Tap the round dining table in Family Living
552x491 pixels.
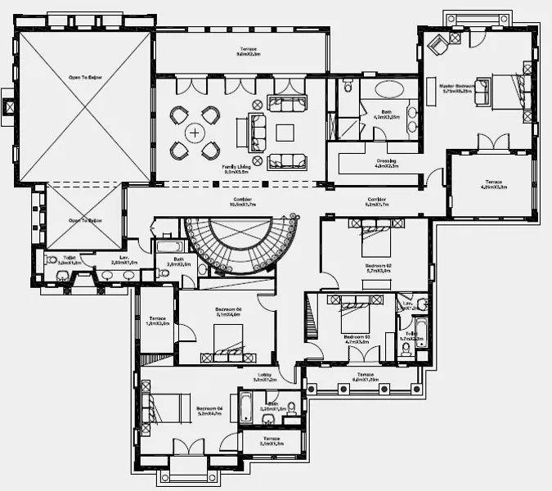pyautogui.click(x=195, y=131)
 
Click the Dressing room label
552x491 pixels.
pyautogui.click(x=386, y=163)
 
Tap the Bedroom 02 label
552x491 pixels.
pyautogui.click(x=378, y=268)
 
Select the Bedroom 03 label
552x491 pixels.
pyautogui.click(x=357, y=339)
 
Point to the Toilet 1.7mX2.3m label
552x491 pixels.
pyautogui.click(x=409, y=336)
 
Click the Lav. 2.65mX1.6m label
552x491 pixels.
pyautogui.click(x=124, y=261)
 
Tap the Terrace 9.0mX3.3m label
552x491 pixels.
pyautogui.click(x=248, y=52)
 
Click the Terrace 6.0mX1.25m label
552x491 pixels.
pyautogui.click(x=365, y=380)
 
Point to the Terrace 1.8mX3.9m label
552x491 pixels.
pyautogui.click(x=158, y=321)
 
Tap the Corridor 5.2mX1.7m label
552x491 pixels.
pyautogui.click(x=376, y=201)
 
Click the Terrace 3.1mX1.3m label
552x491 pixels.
pyautogui.click(x=271, y=440)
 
